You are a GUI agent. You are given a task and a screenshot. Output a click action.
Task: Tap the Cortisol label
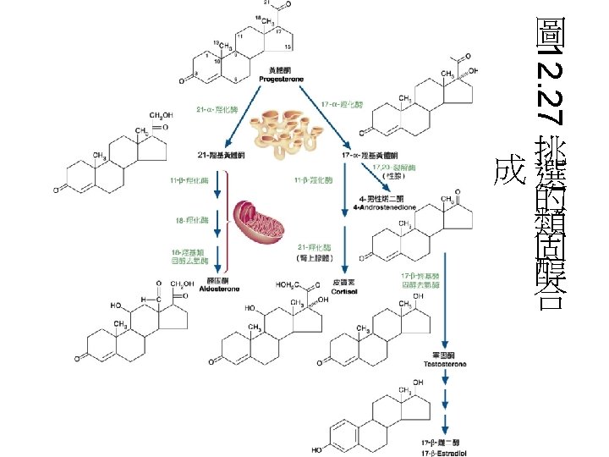(x=343, y=289)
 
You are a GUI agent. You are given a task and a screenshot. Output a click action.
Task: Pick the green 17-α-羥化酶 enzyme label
(x=342, y=104)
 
